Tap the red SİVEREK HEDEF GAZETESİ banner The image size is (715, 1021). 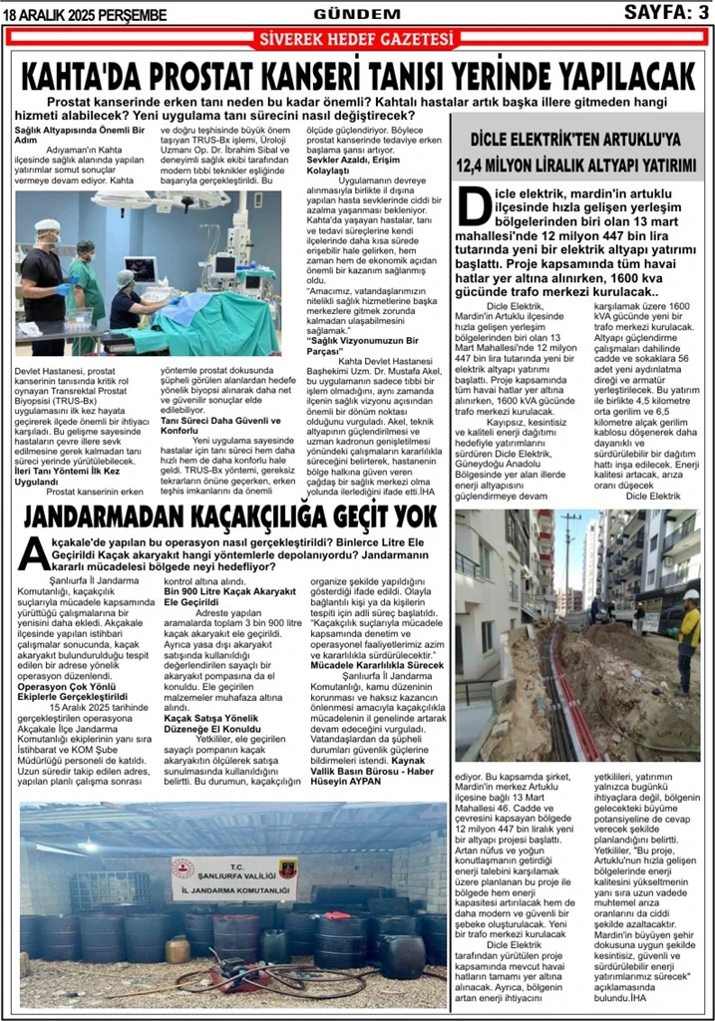tap(356, 39)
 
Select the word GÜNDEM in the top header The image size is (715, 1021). tap(356, 13)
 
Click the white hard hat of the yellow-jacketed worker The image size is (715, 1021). tap(690, 595)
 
